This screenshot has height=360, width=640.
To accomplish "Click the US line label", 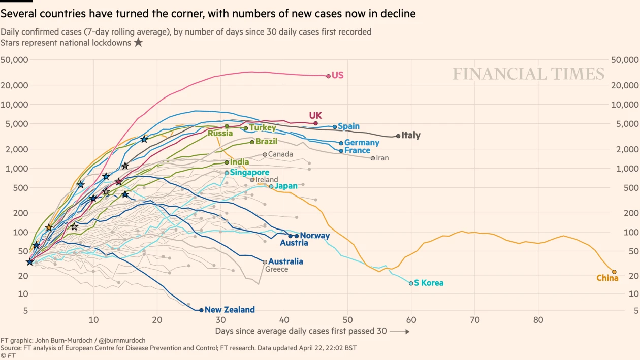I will tap(338, 75).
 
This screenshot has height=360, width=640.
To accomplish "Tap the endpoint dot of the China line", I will tap(614, 272).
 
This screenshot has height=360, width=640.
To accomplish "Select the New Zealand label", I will tap(230, 310).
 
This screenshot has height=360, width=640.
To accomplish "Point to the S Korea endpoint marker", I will tap(411, 283).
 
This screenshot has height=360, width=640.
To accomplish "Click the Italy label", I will tap(411, 136).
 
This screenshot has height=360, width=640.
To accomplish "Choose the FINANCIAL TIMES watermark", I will tap(528, 74).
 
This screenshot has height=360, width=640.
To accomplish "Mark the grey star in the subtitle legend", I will tap(138, 43).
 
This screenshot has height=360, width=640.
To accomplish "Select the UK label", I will tap(315, 115).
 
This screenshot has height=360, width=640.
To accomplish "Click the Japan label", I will tap(286, 186).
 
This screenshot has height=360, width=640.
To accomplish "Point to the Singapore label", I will tap(249, 173).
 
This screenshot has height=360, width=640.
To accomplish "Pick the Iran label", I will tap(382, 158).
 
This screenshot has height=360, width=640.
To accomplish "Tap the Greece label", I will tap(277, 269).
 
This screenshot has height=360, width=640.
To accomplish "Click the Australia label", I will tap(285, 261).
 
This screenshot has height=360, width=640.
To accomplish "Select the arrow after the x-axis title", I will tap(400, 331).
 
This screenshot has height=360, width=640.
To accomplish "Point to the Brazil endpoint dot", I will tap(252, 142).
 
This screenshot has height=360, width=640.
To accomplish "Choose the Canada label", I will tap(280, 154).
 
